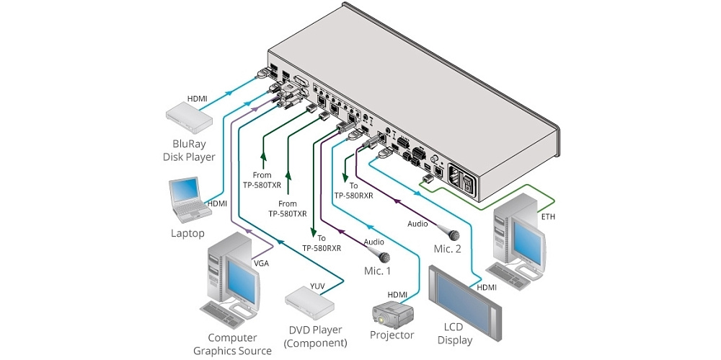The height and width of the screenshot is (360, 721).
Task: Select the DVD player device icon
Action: pos(310,299)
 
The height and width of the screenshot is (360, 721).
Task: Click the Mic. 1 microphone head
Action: pos(384,257)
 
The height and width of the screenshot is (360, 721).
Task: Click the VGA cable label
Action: pos(261,263)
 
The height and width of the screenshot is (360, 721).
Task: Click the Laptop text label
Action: pos(187,233)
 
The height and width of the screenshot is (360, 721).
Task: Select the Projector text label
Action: pos(392,335)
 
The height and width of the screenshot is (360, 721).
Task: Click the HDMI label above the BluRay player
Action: pos(197,98)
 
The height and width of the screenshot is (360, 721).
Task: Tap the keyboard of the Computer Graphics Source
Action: pos(224,312)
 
